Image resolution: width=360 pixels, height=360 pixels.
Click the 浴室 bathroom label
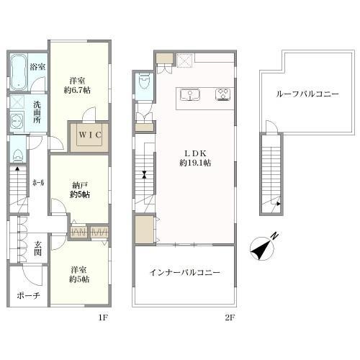tap(37, 67)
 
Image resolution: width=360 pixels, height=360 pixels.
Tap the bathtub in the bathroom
tap(19, 73)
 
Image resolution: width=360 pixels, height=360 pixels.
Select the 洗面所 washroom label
tap(37, 112)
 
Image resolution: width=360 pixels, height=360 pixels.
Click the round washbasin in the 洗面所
tap(17, 122)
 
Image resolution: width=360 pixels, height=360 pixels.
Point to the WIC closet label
tap(90, 135)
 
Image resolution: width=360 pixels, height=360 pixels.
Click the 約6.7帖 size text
tap(77, 90)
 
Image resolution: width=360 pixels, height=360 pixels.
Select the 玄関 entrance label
tap(37, 248)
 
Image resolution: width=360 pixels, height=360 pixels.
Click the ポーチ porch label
tap(28, 296)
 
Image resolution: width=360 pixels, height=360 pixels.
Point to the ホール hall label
tap(38, 183)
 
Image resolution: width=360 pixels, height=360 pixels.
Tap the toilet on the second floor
tap(144, 81)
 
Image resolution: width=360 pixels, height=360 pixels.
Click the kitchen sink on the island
tap(190, 94)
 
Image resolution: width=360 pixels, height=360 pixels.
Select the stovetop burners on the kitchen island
tap(223, 94)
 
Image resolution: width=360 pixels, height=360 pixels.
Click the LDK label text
tap(195, 153)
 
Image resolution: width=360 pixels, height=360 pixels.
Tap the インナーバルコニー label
tap(185, 273)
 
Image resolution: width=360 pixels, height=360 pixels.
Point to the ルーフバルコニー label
tap(307, 94)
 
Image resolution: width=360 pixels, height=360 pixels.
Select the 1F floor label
tap(103, 318)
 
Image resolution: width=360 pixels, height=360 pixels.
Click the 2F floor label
tap(230, 318)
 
